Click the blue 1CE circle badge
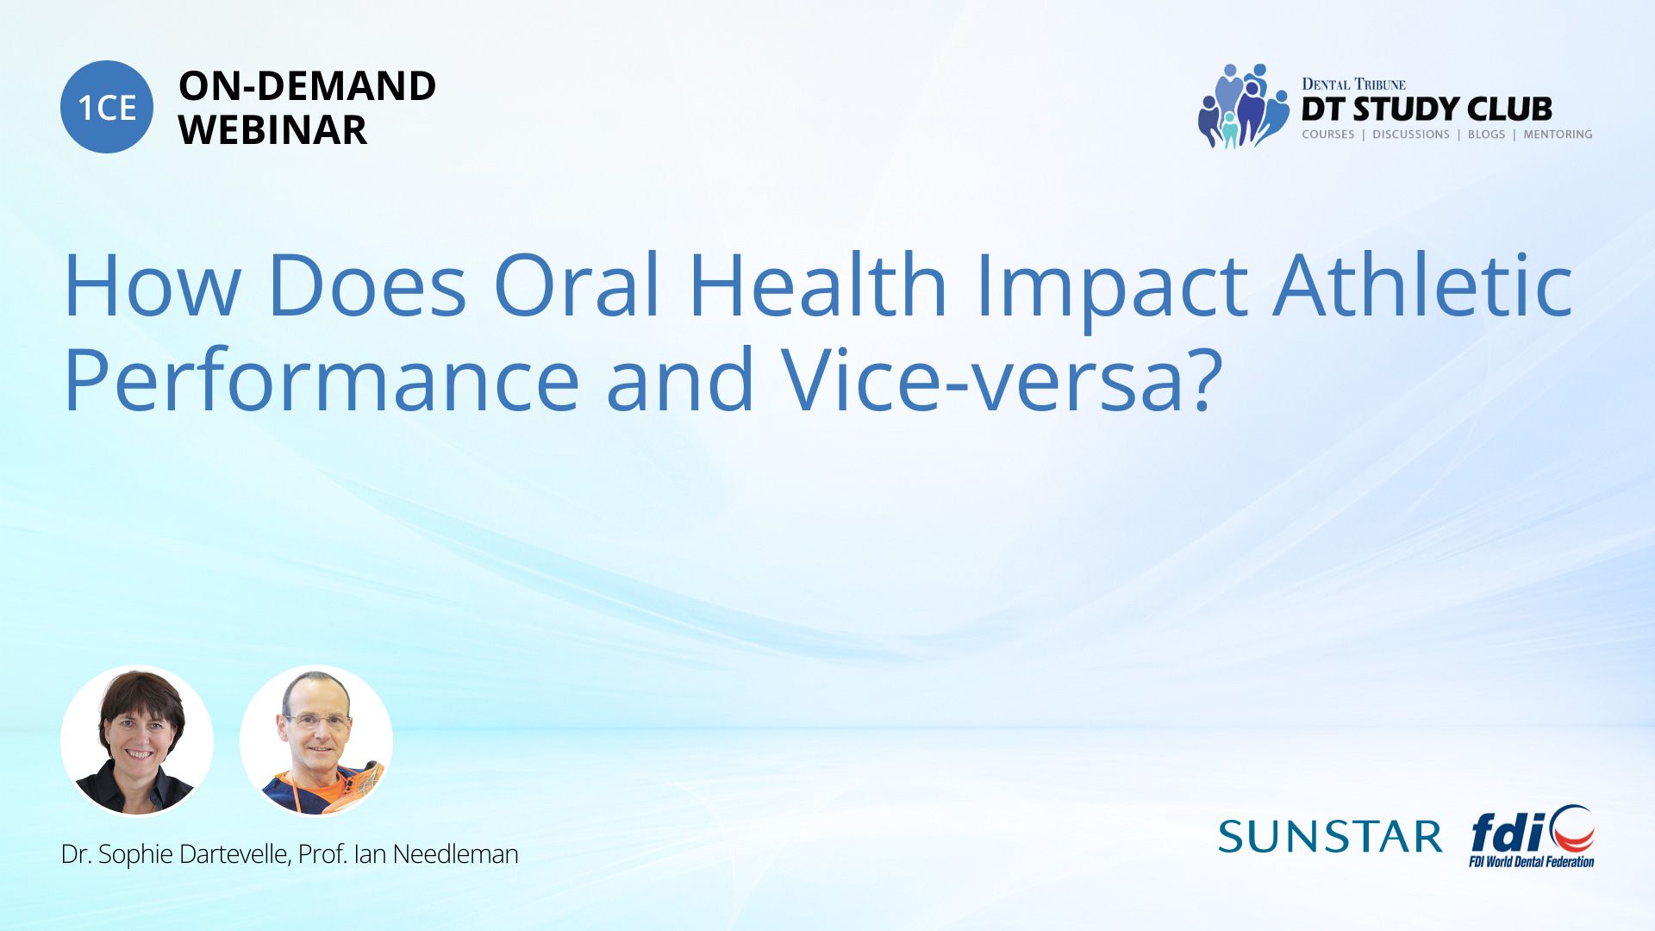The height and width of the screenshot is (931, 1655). [x=107, y=107]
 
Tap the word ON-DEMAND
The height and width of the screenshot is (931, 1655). [x=307, y=86]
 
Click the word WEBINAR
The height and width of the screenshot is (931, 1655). [x=272, y=130]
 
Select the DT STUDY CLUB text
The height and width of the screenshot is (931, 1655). [x=1427, y=109]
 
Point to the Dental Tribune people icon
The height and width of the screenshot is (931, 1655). [x=1243, y=106]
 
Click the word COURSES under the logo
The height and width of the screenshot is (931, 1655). [x=1328, y=134]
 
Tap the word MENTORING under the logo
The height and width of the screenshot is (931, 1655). [x=1558, y=134]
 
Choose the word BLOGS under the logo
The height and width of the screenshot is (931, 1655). [x=1486, y=134]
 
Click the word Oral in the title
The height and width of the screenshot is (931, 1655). [x=577, y=284]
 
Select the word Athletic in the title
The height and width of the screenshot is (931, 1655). [x=1423, y=284]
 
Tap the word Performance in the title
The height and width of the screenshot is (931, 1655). [x=322, y=380]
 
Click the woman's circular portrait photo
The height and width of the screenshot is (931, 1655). [x=137, y=740]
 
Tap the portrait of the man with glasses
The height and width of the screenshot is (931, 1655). [x=316, y=740]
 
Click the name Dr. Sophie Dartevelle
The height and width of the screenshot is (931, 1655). [x=175, y=854]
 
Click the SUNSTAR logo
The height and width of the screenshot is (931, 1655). [x=1330, y=836]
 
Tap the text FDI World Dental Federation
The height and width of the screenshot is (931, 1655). [x=1532, y=861]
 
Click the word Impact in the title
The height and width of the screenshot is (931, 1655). [x=1111, y=284]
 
